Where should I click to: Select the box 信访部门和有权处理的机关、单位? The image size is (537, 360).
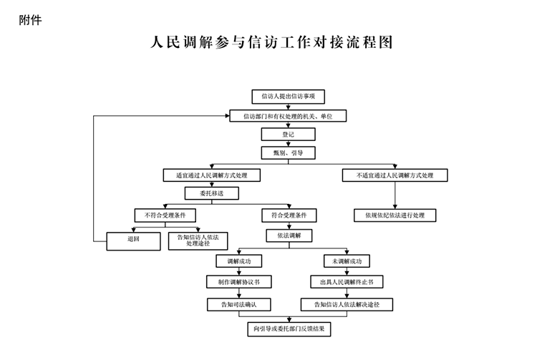click(289, 116)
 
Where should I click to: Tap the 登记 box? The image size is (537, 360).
click(289, 135)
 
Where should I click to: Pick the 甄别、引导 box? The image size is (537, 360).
click(289, 153)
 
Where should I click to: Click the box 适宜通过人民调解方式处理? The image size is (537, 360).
click(212, 175)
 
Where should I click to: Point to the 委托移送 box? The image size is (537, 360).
click(212, 193)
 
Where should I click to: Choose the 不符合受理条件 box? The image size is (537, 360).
click(165, 215)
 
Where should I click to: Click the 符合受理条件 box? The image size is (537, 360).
click(289, 215)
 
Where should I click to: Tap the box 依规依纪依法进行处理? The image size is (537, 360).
click(395, 215)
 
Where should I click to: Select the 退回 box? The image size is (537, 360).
click(134, 240)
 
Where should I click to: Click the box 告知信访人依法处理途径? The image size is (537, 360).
click(198, 240)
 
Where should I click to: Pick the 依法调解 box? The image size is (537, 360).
click(289, 235)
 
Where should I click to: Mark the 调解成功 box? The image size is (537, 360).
click(238, 261)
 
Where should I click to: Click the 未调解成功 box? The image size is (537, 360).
click(347, 261)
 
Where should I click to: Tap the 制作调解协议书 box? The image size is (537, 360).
click(238, 282)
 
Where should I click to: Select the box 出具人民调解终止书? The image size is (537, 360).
click(347, 282)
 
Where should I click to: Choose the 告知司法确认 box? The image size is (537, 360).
click(238, 305)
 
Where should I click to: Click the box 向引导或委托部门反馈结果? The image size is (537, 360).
click(289, 329)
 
